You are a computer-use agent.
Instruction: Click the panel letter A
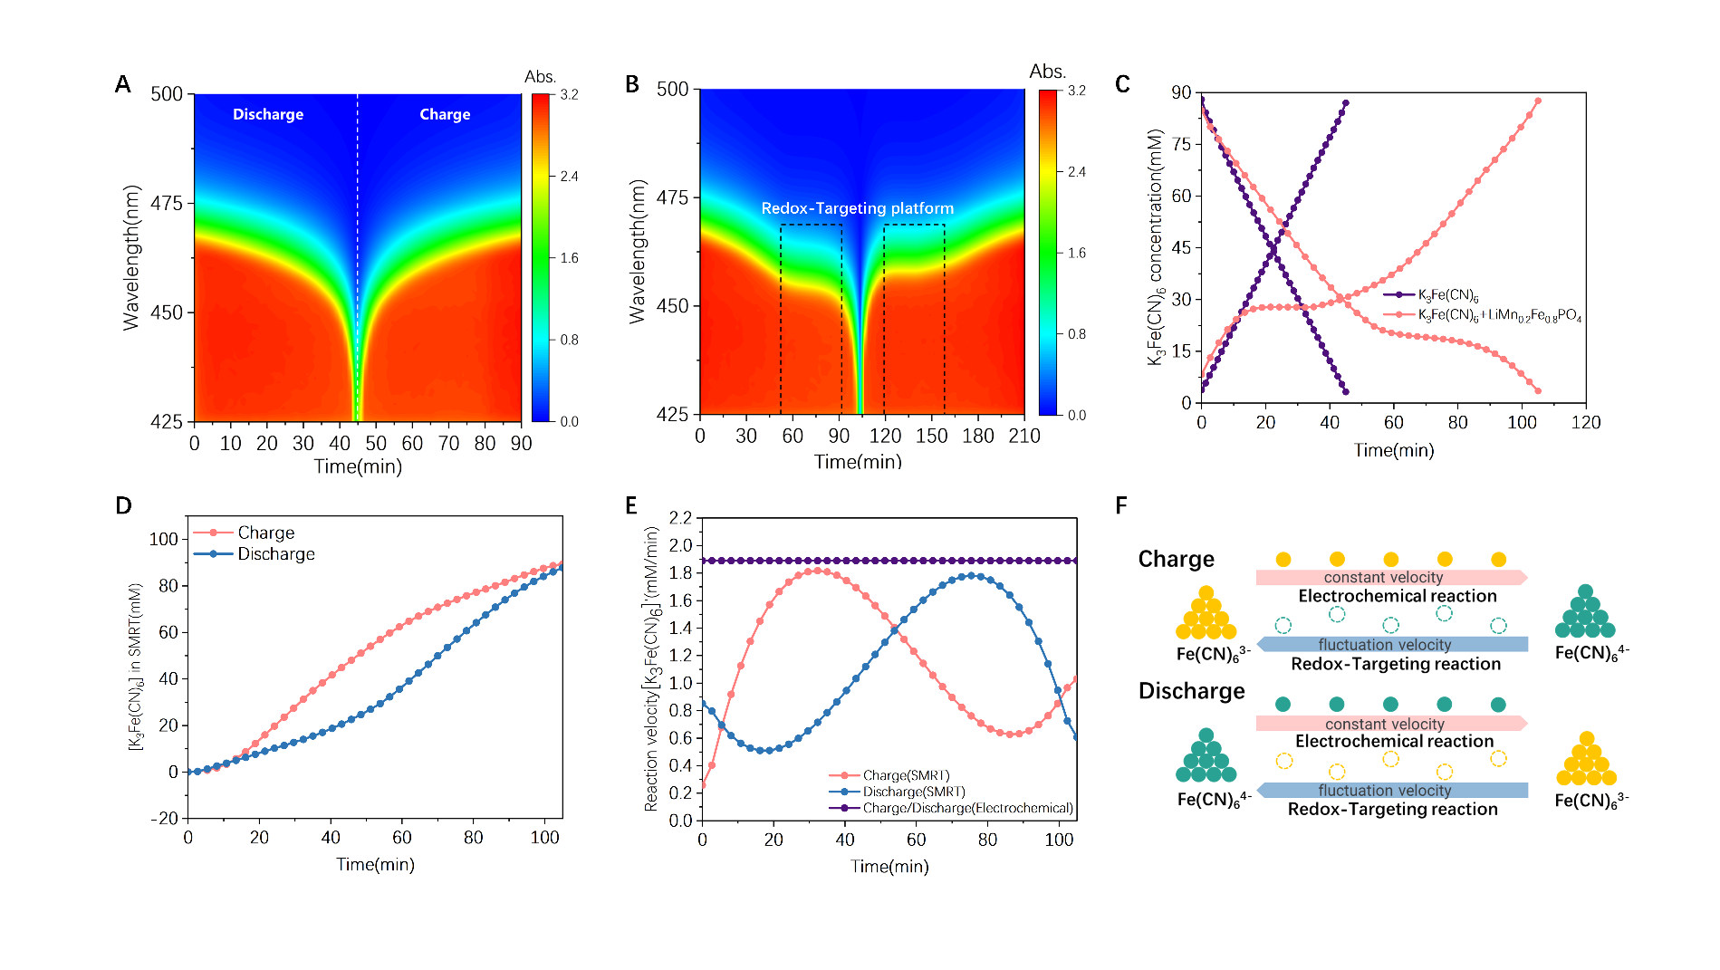point(123,85)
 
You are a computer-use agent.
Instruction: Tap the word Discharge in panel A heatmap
point(268,114)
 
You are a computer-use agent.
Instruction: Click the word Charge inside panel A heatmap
point(445,114)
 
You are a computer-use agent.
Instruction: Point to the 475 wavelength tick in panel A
point(167,204)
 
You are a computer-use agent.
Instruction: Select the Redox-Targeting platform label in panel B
point(857,208)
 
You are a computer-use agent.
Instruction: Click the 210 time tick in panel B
point(1024,437)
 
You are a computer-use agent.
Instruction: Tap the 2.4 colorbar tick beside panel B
point(1077,172)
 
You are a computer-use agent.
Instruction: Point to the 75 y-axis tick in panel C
point(1181,144)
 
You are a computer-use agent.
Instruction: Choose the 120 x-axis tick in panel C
point(1586,423)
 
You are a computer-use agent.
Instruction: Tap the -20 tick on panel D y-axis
point(165,819)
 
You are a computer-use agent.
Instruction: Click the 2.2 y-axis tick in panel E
point(680,518)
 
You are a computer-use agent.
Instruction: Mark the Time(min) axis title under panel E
point(889,867)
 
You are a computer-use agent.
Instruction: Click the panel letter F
point(1121,505)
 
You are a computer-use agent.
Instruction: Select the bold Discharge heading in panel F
point(1191,691)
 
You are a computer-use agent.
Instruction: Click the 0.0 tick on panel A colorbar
point(569,422)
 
